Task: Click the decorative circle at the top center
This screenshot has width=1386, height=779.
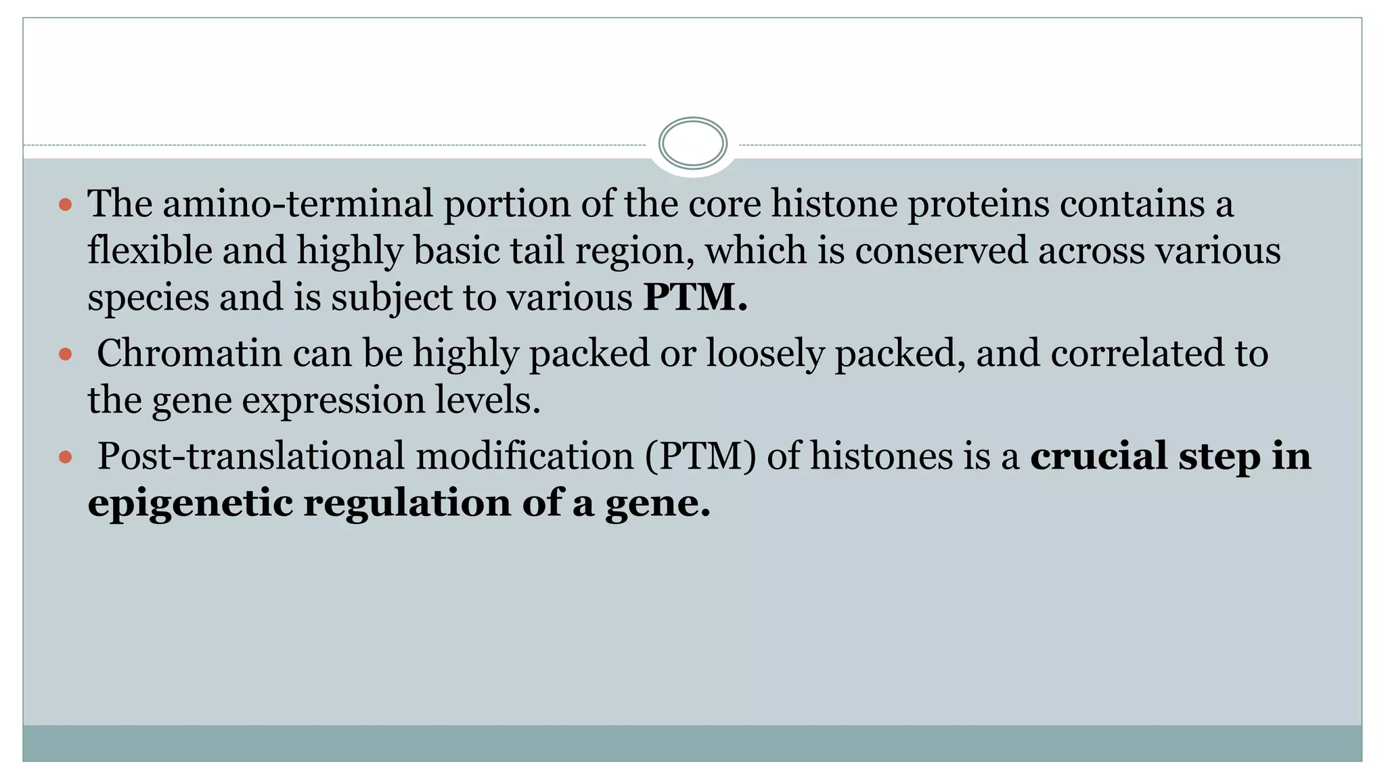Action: click(x=692, y=143)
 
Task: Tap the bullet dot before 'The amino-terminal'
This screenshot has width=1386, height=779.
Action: click(x=66, y=204)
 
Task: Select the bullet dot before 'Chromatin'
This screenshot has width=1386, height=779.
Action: click(x=66, y=354)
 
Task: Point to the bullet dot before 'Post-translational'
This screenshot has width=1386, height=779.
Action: click(x=66, y=457)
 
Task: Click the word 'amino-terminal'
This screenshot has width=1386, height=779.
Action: click(x=297, y=204)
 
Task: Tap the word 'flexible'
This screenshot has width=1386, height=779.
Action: click(x=150, y=250)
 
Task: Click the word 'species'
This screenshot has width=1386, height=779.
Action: click(x=148, y=298)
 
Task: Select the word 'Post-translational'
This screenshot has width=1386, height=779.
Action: click(x=250, y=456)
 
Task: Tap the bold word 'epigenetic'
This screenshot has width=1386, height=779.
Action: click(x=189, y=504)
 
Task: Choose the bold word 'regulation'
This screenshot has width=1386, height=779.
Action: click(x=407, y=504)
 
